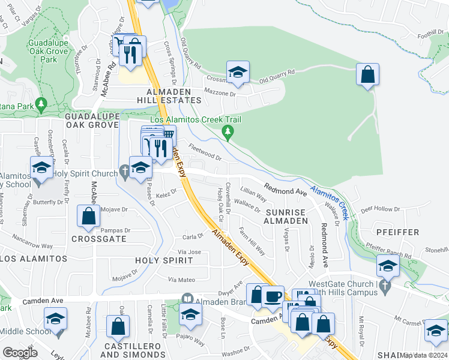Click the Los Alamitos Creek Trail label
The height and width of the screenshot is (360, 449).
click(195, 119)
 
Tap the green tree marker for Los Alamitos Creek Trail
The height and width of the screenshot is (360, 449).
click(228, 131)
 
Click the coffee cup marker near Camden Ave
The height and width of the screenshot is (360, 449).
click(273, 296)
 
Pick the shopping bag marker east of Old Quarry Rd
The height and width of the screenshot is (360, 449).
click(368, 76)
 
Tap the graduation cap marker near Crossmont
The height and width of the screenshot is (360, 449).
click(238, 73)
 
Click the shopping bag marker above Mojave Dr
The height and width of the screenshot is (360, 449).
click(88, 217)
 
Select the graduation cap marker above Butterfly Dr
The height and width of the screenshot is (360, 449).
click(41, 167)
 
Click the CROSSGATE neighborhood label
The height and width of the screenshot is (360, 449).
click(98, 238)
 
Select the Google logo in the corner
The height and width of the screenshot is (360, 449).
click(20, 352)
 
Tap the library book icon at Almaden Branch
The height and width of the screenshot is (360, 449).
click(187, 298)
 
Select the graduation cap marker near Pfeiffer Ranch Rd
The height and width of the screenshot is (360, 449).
click(388, 266)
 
